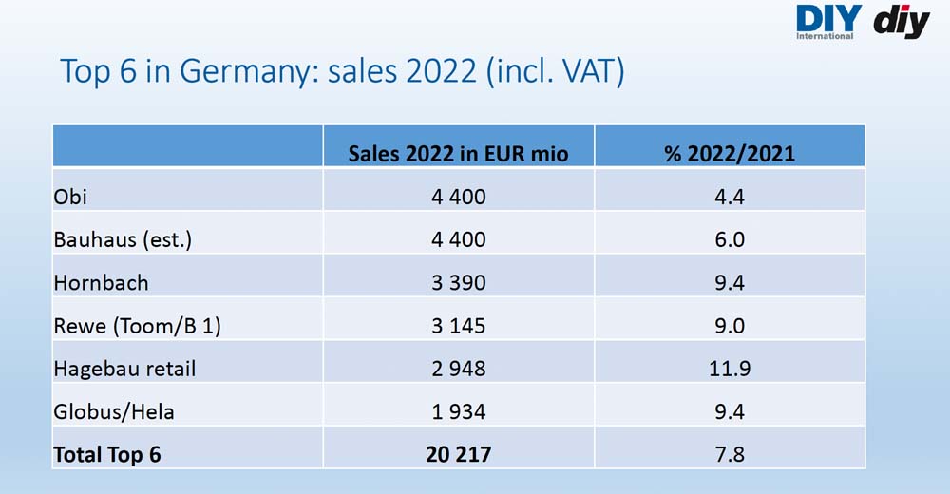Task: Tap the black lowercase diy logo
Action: click(902, 23)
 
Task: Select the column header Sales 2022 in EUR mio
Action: click(458, 153)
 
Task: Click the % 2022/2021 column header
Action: click(730, 153)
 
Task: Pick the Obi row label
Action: click(70, 197)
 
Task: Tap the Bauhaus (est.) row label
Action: click(123, 239)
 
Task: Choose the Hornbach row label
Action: click(101, 282)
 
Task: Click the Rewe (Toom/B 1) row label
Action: click(137, 326)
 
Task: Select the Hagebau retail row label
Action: click(124, 369)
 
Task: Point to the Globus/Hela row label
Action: click(114, 412)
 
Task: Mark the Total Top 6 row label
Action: click(107, 455)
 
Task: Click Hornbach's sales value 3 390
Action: click(459, 282)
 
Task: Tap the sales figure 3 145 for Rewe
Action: click(459, 326)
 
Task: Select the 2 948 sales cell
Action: click(459, 369)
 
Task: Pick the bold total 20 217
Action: click(459, 455)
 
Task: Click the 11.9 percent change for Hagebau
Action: click(730, 369)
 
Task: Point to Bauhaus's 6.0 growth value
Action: click(730, 239)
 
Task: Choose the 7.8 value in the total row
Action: click(730, 455)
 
